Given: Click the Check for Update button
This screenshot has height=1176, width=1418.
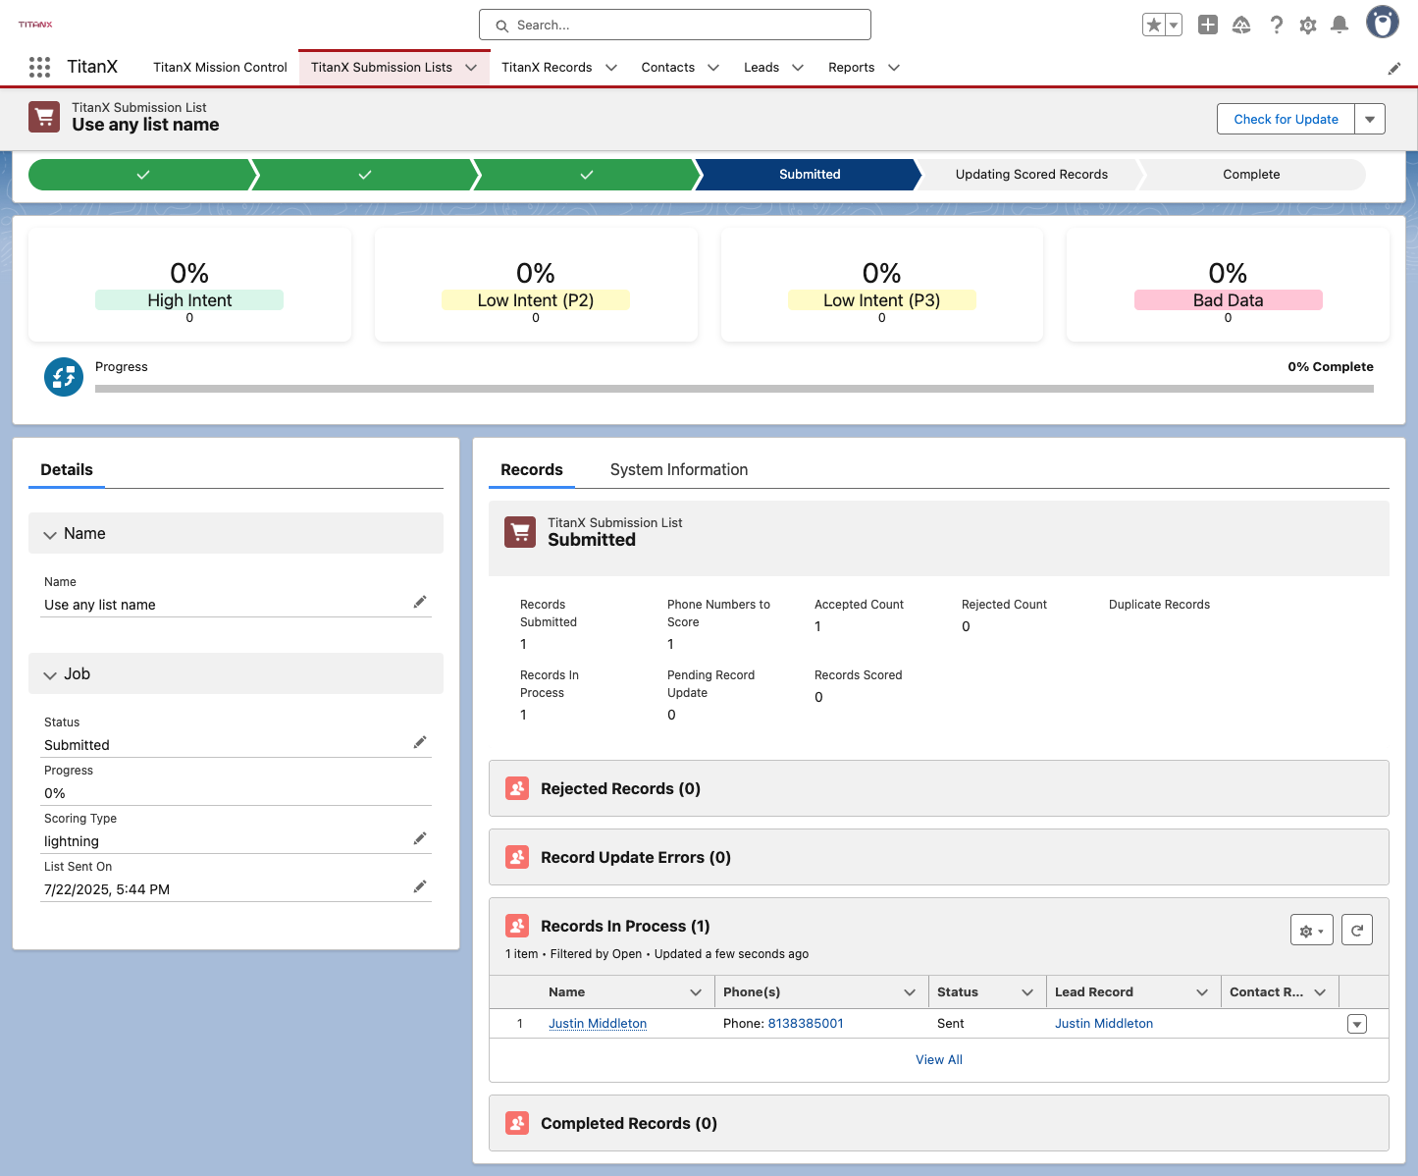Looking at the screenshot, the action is click(1286, 119).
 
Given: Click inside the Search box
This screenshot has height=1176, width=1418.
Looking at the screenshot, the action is click(674, 26).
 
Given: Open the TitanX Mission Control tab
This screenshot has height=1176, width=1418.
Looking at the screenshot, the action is click(220, 68).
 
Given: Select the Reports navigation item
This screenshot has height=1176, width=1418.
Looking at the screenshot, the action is click(851, 68).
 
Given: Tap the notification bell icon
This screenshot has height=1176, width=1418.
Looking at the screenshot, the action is click(1339, 26).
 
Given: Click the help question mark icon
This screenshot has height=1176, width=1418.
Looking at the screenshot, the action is click(1276, 26).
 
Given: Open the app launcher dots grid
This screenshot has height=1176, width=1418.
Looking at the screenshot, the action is click(39, 68).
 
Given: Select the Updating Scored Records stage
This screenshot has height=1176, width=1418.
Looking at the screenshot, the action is click(1031, 175).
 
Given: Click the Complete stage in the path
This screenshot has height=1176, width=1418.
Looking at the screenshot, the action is click(1251, 175).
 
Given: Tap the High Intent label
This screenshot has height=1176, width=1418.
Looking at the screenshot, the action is click(189, 300).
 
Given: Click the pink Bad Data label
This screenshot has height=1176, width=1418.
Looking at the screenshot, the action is click(1228, 300).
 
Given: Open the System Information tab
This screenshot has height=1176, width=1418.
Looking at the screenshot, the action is click(678, 469).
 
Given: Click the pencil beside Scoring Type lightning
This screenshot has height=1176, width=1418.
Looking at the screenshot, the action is click(420, 839).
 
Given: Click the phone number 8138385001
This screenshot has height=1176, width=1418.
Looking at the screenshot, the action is click(806, 1023).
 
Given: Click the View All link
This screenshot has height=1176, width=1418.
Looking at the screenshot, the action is click(938, 1059).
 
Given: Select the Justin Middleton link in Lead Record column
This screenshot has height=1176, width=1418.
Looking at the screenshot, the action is click(1104, 1023).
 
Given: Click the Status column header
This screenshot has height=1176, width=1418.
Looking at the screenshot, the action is click(958, 991).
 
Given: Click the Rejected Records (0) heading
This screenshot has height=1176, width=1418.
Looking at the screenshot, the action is click(620, 788).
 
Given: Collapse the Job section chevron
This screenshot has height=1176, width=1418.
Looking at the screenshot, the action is click(50, 674).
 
